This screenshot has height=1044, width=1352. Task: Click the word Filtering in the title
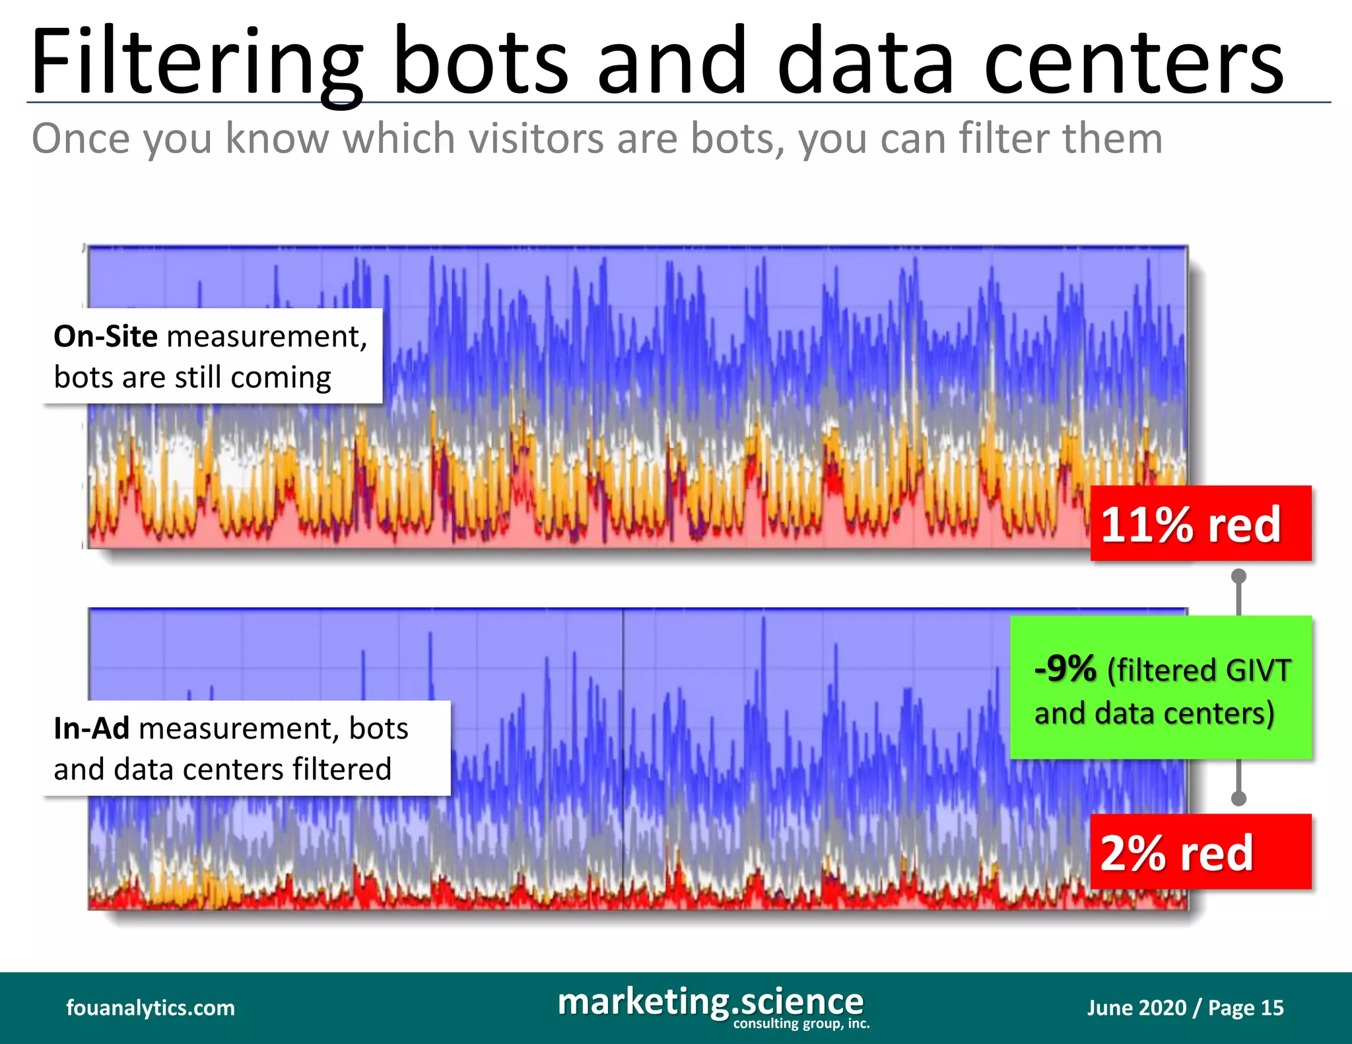pos(195,63)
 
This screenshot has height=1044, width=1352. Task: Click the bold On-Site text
pos(106,337)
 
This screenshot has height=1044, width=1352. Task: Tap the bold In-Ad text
pos(91,729)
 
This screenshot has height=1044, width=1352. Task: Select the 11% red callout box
pos(1200,524)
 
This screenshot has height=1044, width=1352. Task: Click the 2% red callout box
pos(1200,852)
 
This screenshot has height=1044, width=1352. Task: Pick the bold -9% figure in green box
pos(1065,669)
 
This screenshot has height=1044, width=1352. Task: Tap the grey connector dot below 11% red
pos(1239,576)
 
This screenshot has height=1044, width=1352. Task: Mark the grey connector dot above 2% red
pos(1239,799)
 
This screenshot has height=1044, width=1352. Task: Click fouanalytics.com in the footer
pos(151,1008)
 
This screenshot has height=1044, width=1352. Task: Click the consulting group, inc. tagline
pos(801,1024)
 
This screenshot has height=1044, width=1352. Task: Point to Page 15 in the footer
pos(1246,1008)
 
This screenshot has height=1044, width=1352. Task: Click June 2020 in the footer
pos(1136,1008)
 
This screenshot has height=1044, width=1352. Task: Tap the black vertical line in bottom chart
pos(623,759)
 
